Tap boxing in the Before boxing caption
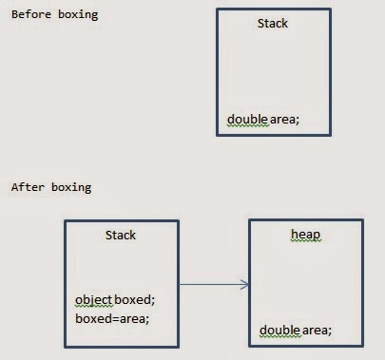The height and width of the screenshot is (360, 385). (75, 16)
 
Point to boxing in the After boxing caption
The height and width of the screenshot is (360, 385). (68, 187)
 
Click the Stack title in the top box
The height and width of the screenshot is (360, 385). (273, 23)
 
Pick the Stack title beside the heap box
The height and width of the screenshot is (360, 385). (121, 235)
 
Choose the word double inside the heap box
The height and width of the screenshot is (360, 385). (279, 331)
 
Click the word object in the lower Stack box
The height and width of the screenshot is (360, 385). (93, 300)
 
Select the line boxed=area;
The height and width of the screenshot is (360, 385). (112, 318)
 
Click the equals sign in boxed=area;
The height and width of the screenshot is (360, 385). (115, 318)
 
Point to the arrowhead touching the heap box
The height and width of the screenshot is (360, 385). (245, 283)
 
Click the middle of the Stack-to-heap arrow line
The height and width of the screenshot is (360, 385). (213, 283)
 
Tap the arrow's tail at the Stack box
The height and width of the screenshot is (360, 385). (180, 283)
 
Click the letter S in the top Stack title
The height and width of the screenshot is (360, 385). (260, 23)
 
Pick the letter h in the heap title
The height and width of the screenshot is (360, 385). (294, 234)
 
